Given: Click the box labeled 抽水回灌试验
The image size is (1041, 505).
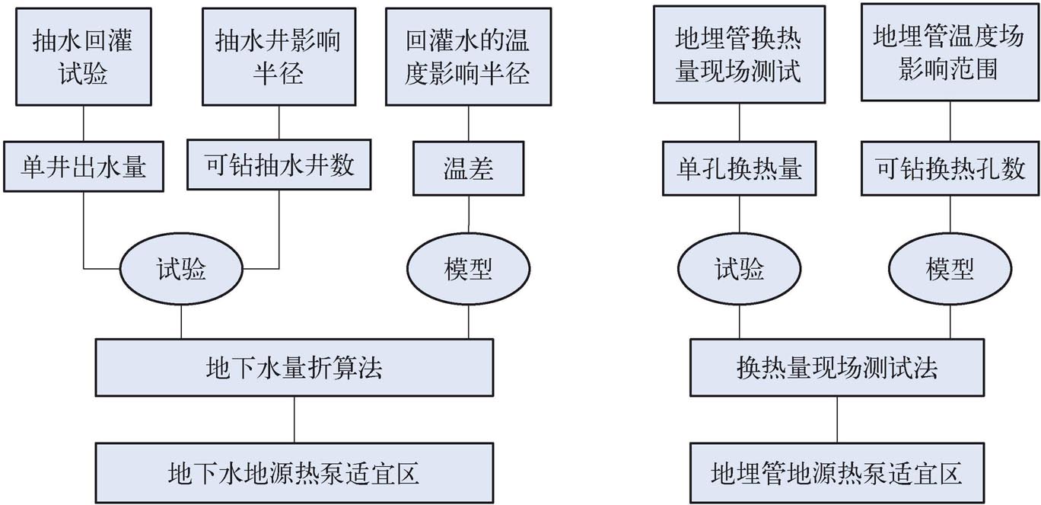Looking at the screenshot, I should tap(82, 56).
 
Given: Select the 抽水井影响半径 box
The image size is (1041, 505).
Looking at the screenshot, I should tap(278, 56).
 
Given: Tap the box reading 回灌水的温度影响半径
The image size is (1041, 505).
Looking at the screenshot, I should tap(468, 56).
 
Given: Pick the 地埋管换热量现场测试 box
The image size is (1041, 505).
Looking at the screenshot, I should tap(739, 55).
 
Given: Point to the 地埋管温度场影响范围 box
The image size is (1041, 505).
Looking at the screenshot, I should tap(950, 53).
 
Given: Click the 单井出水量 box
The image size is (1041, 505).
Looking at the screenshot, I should tap(82, 166).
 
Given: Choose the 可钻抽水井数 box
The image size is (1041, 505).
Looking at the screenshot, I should tap(279, 164).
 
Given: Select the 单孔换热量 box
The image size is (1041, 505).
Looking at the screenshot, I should tap(739, 168).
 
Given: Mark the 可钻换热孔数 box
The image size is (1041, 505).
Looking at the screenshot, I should tap(950, 167).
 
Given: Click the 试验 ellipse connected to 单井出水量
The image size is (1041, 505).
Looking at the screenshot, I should tap(181, 268).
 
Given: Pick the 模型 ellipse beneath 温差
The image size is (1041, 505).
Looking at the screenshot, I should tap(468, 269).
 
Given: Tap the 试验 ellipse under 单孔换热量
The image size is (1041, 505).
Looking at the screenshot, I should tap(739, 269).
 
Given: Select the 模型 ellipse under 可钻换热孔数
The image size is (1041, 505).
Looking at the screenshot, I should tap(950, 269).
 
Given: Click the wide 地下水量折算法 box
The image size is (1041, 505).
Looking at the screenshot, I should tap(294, 368).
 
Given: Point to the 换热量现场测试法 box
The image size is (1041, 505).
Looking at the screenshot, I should tap(837, 368).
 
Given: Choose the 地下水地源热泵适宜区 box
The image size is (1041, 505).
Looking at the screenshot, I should tap(294, 472).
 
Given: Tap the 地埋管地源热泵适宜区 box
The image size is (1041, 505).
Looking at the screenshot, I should tap(837, 472).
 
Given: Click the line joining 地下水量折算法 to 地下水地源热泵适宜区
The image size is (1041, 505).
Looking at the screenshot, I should tap(294, 419).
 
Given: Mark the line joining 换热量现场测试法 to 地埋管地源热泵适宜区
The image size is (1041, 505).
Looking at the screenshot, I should tap(837, 419).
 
